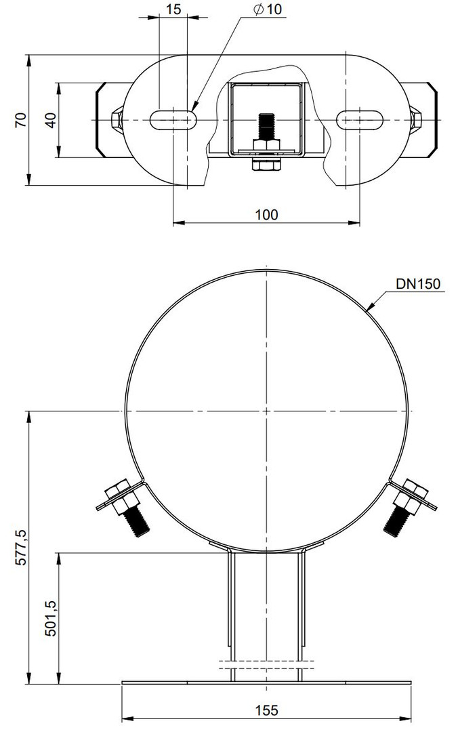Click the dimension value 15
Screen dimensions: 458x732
[x=173, y=9]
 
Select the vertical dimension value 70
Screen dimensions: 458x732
[x=20, y=120]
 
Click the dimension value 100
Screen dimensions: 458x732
[x=266, y=214]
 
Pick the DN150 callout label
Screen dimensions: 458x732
[x=418, y=283]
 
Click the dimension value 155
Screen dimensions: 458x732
[x=266, y=710]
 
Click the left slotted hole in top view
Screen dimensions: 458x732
[x=173, y=120]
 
